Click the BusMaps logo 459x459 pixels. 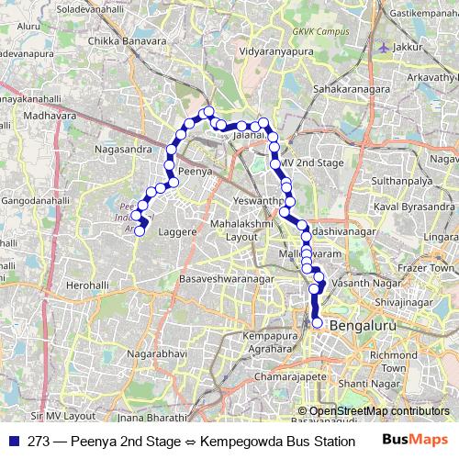point(412,441)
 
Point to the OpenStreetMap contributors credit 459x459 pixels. point(379,411)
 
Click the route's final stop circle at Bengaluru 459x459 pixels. point(318,323)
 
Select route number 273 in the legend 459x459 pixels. point(39,441)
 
